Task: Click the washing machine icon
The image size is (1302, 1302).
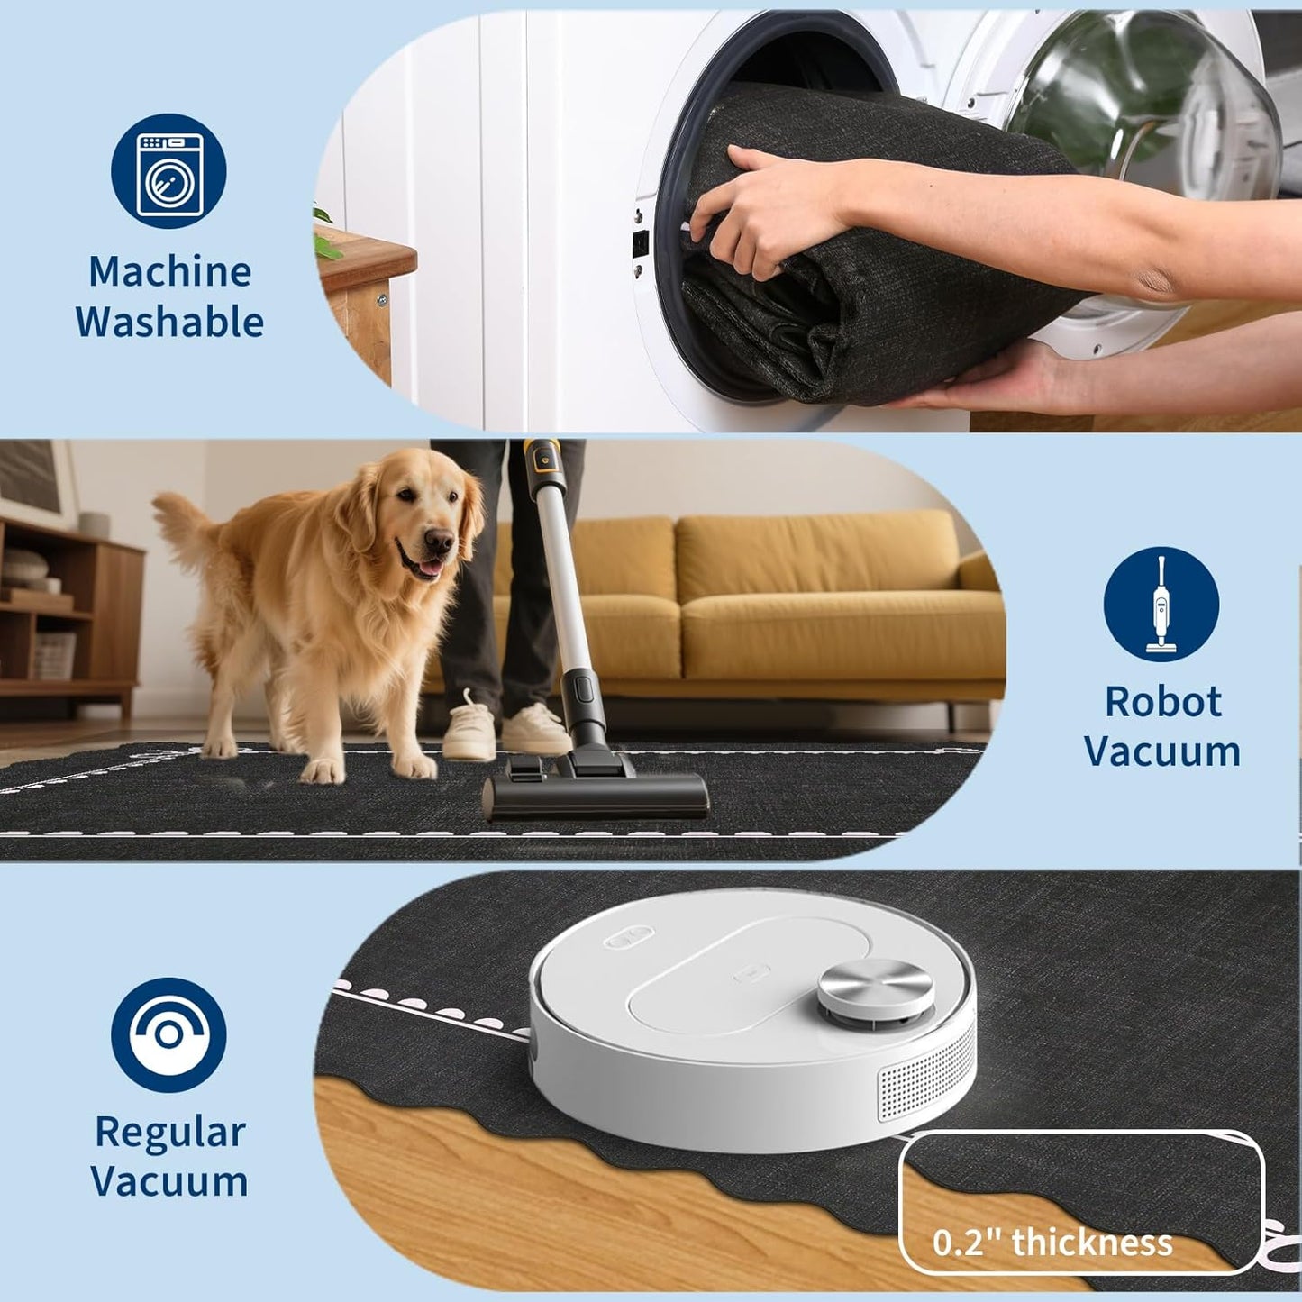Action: pyautogui.click(x=168, y=171)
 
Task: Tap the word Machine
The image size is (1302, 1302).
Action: pyautogui.click(x=169, y=271)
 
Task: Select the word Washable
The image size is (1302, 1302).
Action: pyautogui.click(x=169, y=322)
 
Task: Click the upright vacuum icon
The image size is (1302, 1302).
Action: pyautogui.click(x=1161, y=604)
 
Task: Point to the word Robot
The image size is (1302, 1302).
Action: pyautogui.click(x=1163, y=701)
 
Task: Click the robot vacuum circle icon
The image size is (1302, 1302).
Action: pyautogui.click(x=168, y=1035)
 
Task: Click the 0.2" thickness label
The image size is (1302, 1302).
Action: pyautogui.click(x=1053, y=1242)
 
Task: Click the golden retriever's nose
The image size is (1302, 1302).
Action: pyautogui.click(x=439, y=540)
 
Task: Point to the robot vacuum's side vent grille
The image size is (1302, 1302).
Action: pyautogui.click(x=925, y=1075)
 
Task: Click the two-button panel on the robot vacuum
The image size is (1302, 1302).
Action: pyautogui.click(x=629, y=939)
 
